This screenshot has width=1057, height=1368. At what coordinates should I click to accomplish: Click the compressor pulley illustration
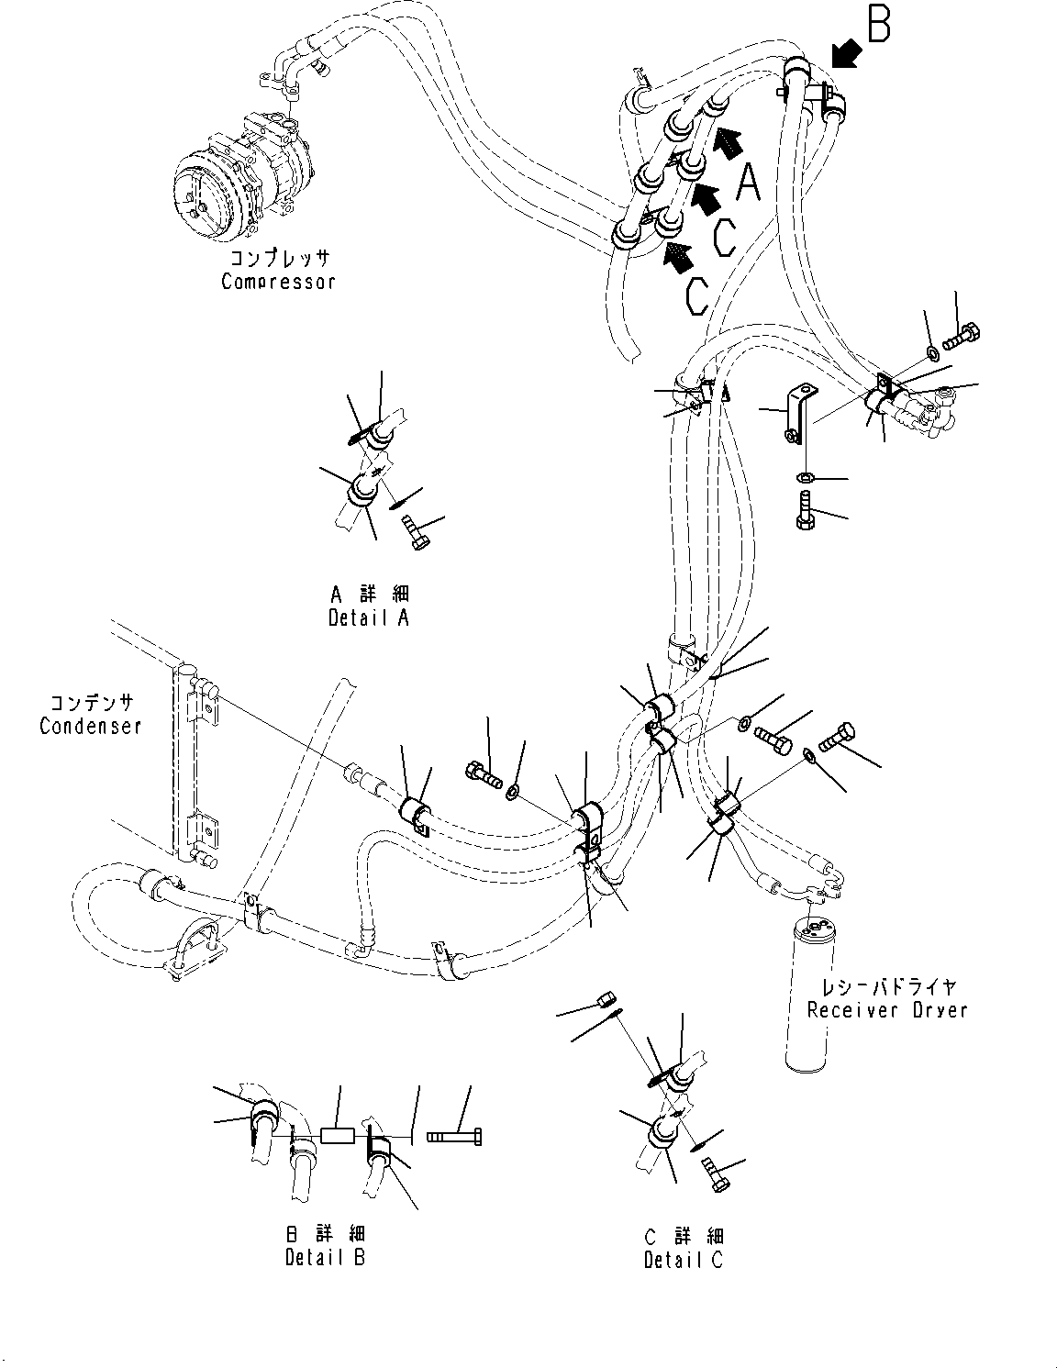click(204, 193)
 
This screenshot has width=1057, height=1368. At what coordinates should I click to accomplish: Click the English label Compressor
click(278, 282)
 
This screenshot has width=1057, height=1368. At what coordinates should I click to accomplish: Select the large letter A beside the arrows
click(749, 182)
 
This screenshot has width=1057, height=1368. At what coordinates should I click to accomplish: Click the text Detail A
click(368, 617)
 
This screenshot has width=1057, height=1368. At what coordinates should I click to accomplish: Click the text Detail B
click(324, 1256)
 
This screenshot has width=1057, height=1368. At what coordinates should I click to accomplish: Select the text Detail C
click(683, 1260)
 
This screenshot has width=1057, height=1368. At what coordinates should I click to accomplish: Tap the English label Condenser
click(90, 726)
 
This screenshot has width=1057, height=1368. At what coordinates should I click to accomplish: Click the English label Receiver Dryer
click(886, 1010)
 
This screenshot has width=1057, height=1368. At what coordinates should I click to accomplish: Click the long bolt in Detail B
click(454, 1138)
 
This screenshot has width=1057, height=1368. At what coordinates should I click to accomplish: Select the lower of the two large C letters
click(695, 294)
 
